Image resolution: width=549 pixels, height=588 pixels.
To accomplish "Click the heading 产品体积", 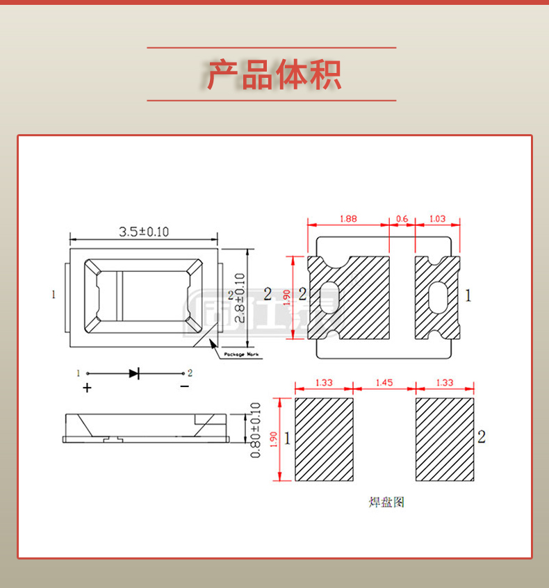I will click(274, 75).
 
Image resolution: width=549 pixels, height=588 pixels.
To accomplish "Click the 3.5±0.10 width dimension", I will click(144, 231).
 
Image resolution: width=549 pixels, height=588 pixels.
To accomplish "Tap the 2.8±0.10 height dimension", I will click(240, 297).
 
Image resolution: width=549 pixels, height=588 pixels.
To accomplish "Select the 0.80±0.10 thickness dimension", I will click(254, 430).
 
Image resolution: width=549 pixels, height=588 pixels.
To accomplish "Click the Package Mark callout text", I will click(241, 355).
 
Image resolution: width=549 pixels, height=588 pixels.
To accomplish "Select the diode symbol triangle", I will click(133, 373).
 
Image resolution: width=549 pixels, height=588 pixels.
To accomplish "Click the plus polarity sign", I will click(87, 388).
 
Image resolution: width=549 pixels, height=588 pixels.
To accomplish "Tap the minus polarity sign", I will click(184, 386).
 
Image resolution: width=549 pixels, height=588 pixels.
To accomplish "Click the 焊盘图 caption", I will click(386, 502).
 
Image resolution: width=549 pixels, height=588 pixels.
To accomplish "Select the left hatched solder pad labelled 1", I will click(325, 439).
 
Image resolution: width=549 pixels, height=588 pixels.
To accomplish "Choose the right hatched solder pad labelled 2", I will click(445, 439).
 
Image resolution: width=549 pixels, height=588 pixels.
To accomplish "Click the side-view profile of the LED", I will click(145, 427).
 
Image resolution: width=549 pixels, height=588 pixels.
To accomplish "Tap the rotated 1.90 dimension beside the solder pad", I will click(273, 439).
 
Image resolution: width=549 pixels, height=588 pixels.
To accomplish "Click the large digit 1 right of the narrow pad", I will click(468, 295).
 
